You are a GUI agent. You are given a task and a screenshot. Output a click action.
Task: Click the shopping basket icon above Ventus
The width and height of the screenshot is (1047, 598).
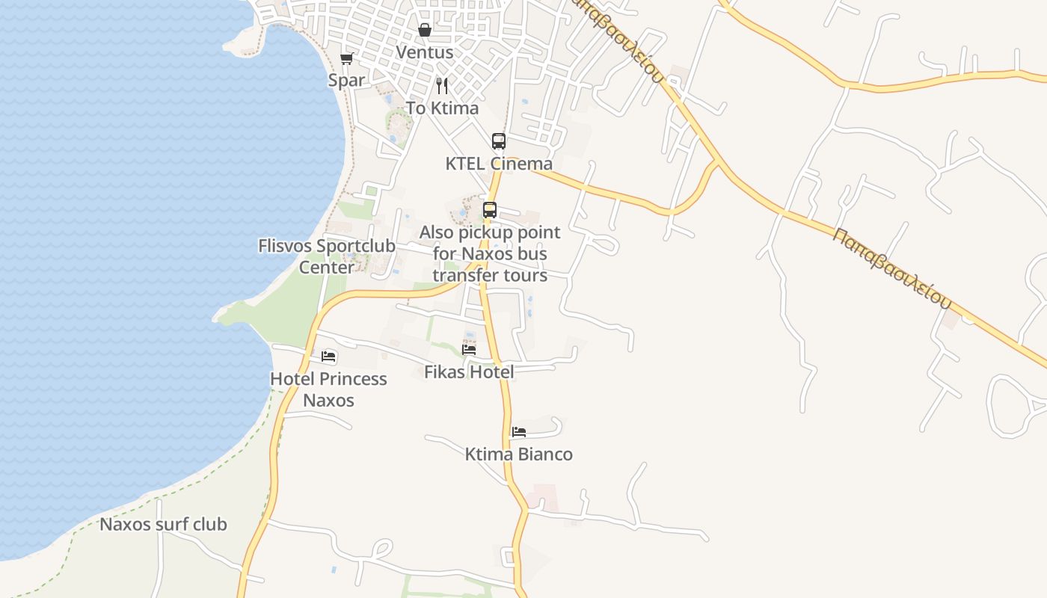[424, 30]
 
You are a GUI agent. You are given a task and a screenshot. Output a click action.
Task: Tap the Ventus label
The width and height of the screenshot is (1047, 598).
[424, 52]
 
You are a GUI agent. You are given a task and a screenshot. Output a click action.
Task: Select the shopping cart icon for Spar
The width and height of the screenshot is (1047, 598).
[346, 58]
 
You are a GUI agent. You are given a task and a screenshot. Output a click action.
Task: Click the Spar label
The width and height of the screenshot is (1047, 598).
[346, 80]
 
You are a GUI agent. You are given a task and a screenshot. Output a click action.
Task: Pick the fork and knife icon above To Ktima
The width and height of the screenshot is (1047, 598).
[442, 86]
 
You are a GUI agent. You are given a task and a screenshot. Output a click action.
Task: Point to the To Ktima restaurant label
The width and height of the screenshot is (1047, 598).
[442, 108]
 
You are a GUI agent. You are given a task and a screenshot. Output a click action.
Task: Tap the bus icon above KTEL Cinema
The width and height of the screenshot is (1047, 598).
[498, 141]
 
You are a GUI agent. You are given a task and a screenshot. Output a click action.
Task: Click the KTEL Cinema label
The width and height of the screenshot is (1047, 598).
[499, 164]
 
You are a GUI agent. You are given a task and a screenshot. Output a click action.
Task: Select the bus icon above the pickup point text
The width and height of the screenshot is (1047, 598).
[490, 210]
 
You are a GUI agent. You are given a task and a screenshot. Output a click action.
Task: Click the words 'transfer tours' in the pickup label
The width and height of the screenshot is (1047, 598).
[490, 275]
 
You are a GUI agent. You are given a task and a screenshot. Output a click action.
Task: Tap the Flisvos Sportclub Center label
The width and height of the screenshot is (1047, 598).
[327, 256]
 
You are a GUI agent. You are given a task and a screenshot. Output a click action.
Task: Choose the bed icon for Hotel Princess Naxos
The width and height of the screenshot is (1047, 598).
[328, 357]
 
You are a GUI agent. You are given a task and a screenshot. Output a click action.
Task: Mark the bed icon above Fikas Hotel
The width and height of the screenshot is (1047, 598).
[469, 349]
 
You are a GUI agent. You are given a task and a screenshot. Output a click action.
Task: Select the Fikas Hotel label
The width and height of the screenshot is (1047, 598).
[469, 372]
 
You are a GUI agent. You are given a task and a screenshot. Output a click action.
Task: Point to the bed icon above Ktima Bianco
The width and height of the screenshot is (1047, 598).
[518, 431]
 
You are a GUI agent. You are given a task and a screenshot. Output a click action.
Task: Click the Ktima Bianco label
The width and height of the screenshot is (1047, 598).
[518, 454]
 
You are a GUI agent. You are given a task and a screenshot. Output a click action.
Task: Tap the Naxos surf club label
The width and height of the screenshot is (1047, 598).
[163, 524]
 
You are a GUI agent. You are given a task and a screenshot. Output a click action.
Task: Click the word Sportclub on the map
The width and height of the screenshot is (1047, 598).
[356, 246]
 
